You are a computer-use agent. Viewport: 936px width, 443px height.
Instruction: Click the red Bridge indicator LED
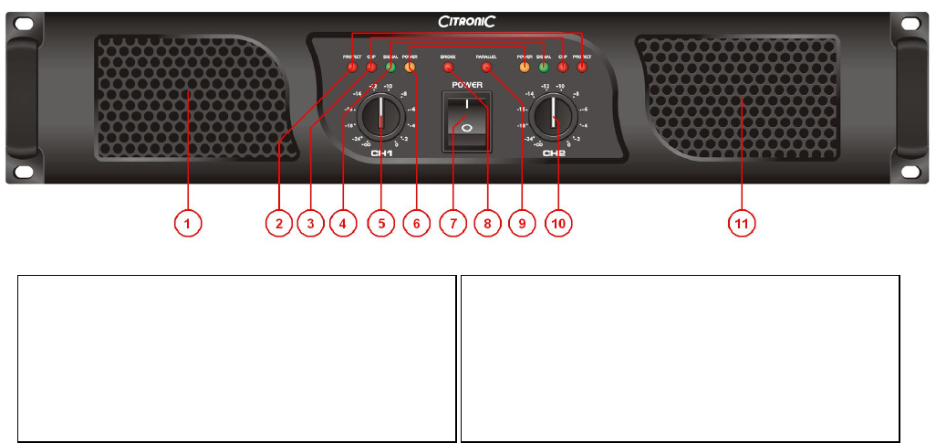[447, 68]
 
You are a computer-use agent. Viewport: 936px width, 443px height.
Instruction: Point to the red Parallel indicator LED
[485, 68]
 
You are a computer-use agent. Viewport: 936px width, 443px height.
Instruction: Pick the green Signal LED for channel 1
[390, 68]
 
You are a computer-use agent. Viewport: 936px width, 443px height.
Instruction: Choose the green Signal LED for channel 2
[544, 68]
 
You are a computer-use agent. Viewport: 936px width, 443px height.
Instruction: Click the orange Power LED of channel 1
[410, 68]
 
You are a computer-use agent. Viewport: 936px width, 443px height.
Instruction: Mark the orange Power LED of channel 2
[525, 68]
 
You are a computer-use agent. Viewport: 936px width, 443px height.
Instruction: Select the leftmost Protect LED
[352, 68]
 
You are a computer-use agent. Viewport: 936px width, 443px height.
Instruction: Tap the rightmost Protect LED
[581, 68]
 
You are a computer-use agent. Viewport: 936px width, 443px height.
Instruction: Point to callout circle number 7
[448, 222]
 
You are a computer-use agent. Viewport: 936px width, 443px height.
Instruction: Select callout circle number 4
[342, 222]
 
